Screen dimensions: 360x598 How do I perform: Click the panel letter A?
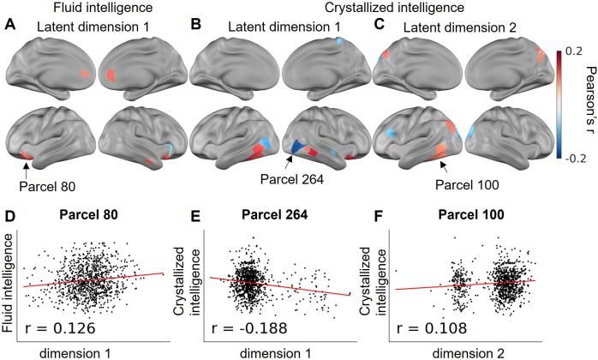[x=10, y=27]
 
